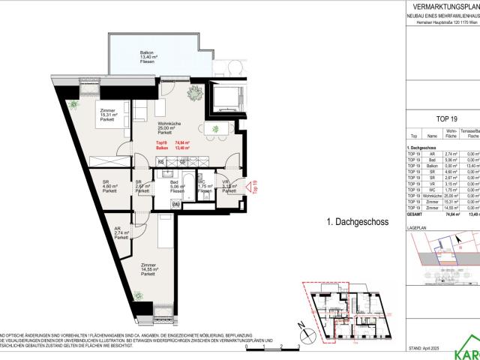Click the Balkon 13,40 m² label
coord(146,57)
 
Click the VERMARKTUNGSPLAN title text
coord(445,6)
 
